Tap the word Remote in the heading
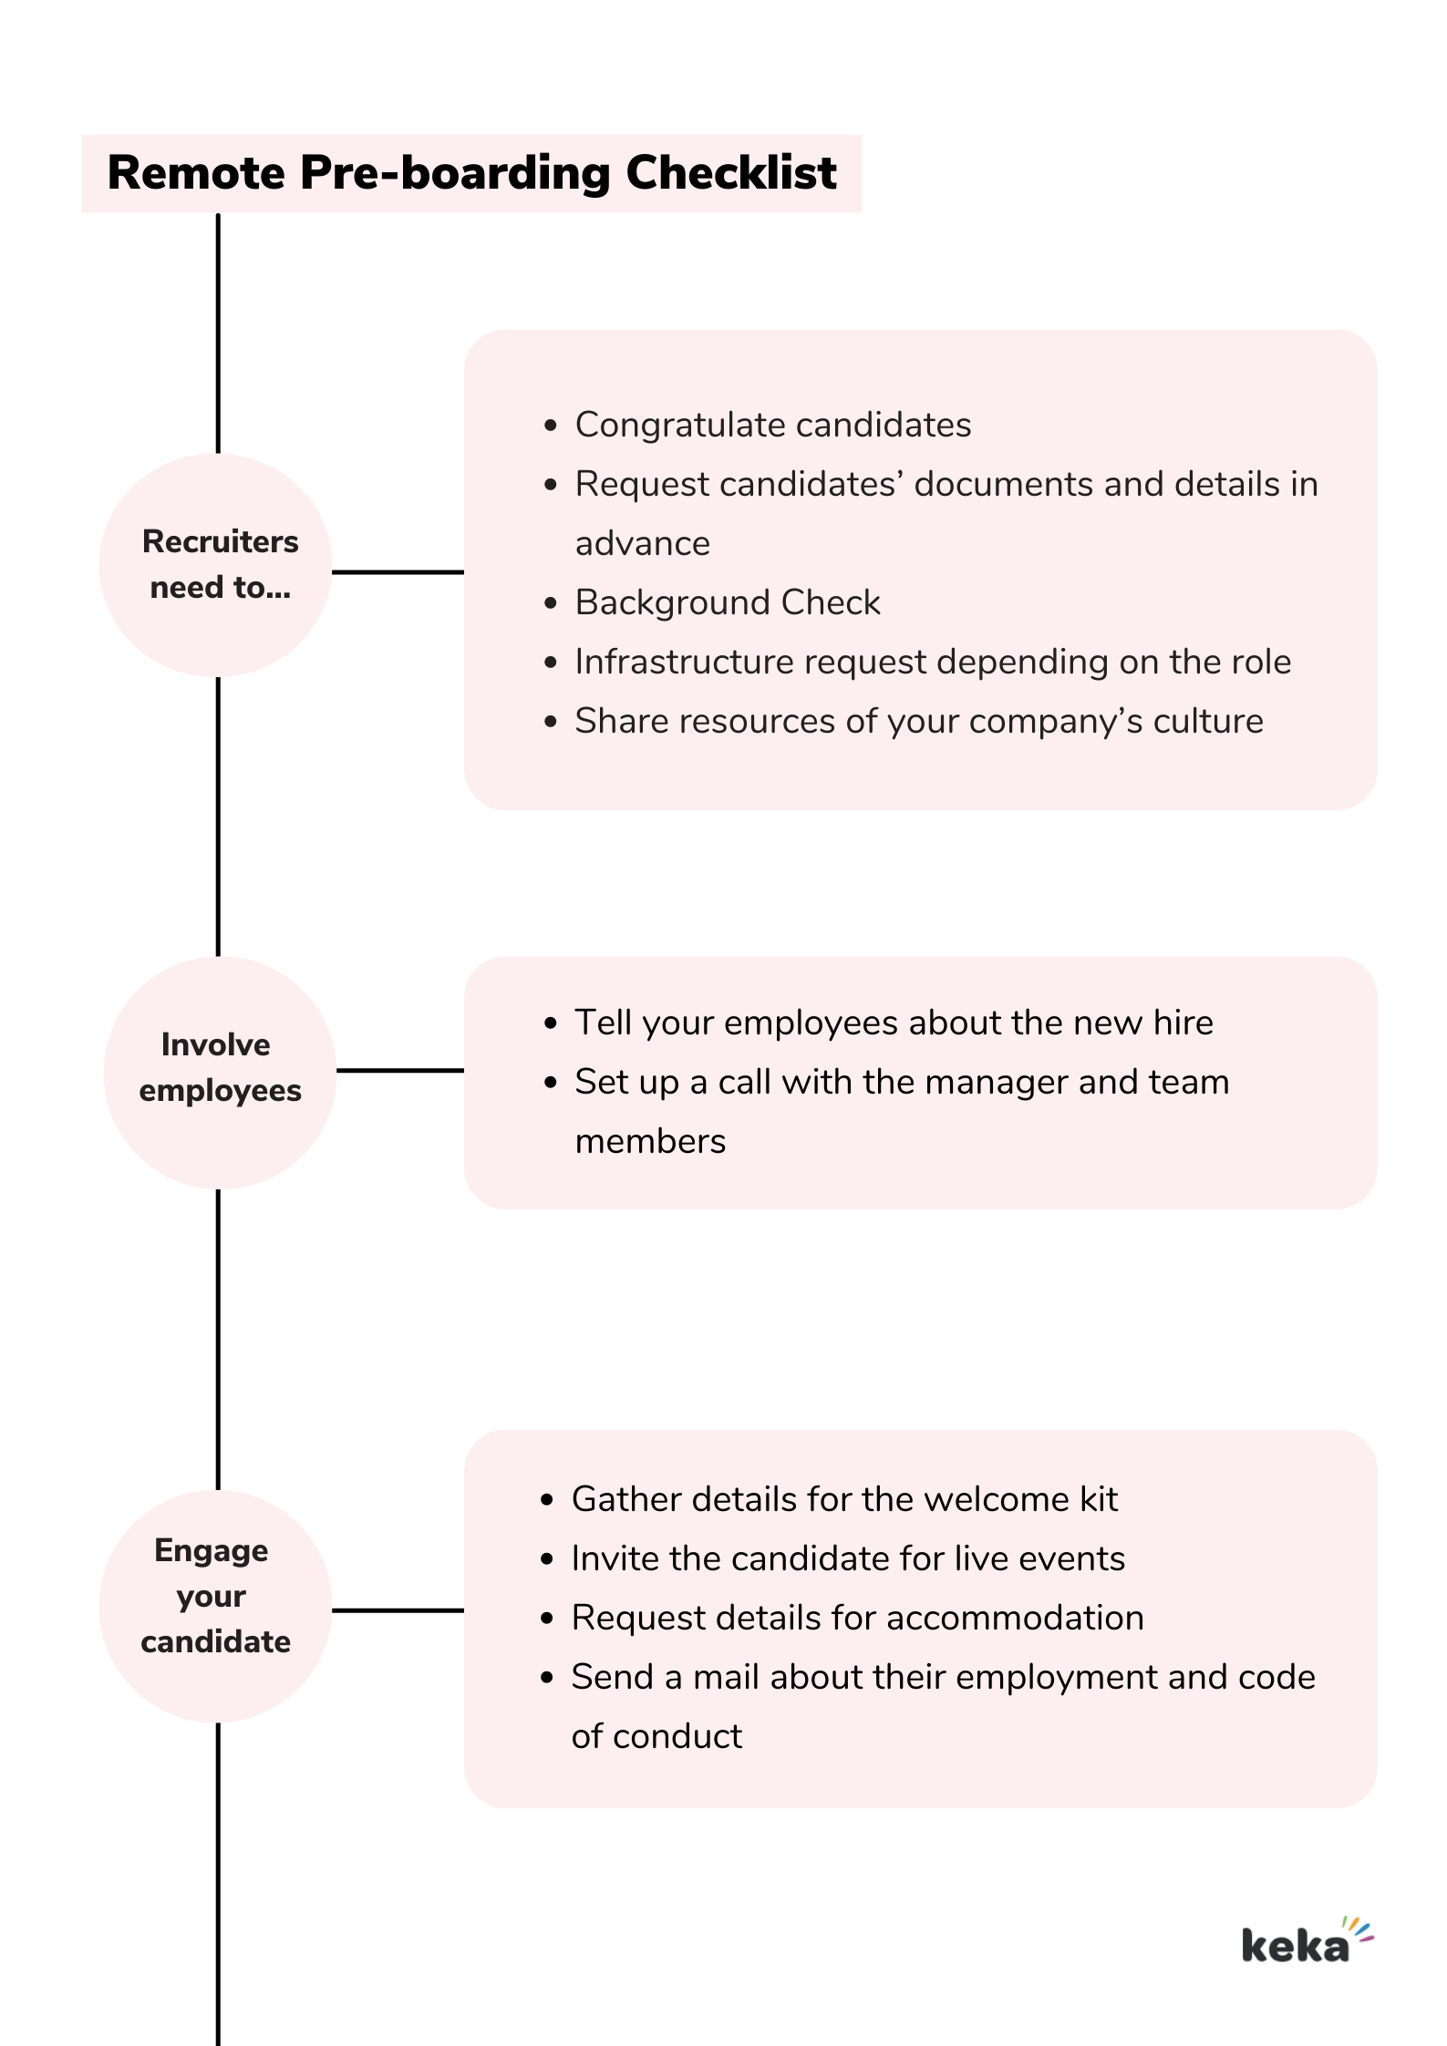pos(196,172)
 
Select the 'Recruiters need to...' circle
pos(216,565)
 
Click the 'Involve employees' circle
pos(220,1072)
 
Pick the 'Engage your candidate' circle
pos(216,1606)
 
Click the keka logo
pos(1306,1943)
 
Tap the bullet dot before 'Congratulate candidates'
pos(550,426)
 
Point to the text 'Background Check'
pos(727,602)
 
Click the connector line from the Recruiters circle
pos(398,572)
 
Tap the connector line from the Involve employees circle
pos(399,1070)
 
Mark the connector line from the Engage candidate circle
pos(398,1610)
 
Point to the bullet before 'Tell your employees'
pos(550,1023)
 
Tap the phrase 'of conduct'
pos(656,1736)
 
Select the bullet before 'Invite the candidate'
pos(547,1559)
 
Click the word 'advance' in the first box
pos(642,543)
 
